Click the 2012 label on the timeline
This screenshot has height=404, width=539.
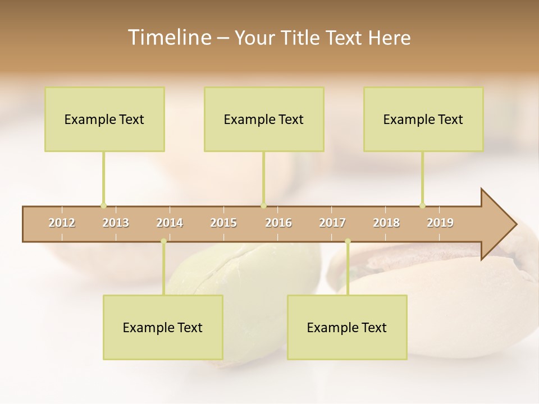(x=62, y=223)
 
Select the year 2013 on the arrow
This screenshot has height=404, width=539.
(x=116, y=223)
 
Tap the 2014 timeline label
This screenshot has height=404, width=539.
(x=170, y=223)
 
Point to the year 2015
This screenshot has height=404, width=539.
(x=223, y=223)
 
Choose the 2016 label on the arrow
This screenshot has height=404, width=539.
(x=278, y=223)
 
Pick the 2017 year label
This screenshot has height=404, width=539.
(x=332, y=223)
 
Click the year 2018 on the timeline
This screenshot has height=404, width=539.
(x=386, y=223)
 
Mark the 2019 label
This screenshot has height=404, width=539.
(x=440, y=223)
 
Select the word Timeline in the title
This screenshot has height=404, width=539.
(x=168, y=38)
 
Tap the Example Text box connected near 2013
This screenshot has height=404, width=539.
(x=104, y=119)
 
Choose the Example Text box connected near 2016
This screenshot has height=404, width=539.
(x=264, y=119)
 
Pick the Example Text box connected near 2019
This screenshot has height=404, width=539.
(x=423, y=119)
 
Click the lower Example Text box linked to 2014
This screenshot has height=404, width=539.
(x=163, y=327)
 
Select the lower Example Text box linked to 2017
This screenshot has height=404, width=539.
(x=347, y=327)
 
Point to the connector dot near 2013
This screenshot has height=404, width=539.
(x=103, y=205)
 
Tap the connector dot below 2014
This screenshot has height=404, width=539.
(x=163, y=241)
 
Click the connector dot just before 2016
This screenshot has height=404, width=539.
(x=264, y=205)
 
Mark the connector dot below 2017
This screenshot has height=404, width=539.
(x=348, y=241)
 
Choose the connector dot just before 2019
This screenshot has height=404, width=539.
(x=422, y=205)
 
